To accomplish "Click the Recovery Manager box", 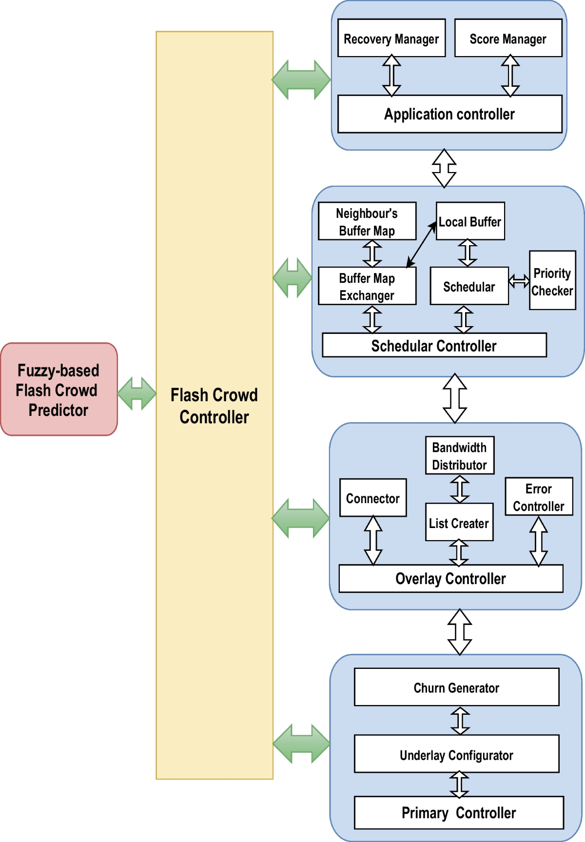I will pyautogui.click(x=391, y=38).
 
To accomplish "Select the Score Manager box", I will pyautogui.click(x=508, y=38).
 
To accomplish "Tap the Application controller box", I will pyautogui.click(x=449, y=114).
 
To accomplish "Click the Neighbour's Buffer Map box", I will pyautogui.click(x=367, y=221).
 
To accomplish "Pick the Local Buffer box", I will pyautogui.click(x=470, y=221).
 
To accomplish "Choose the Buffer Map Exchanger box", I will pyautogui.click(x=367, y=286).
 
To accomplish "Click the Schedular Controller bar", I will pyautogui.click(x=434, y=346).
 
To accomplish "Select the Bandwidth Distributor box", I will pyautogui.click(x=460, y=455).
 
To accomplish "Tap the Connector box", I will pyautogui.click(x=373, y=498).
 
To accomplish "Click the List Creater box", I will pyautogui.click(x=459, y=523).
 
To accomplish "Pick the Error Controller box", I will pyautogui.click(x=539, y=497).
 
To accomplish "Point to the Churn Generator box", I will pyautogui.click(x=456, y=687).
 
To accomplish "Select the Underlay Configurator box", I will pyautogui.click(x=456, y=754).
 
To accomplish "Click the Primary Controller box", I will pyautogui.click(x=459, y=813).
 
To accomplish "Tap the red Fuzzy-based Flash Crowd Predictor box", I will pyautogui.click(x=58, y=390).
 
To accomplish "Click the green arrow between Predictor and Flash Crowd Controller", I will pyautogui.click(x=137, y=393).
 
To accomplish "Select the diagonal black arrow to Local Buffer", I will pyautogui.click(x=421, y=245).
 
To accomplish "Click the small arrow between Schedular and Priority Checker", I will pyautogui.click(x=519, y=281).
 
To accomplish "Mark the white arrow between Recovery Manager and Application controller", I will pyautogui.click(x=391, y=76).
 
